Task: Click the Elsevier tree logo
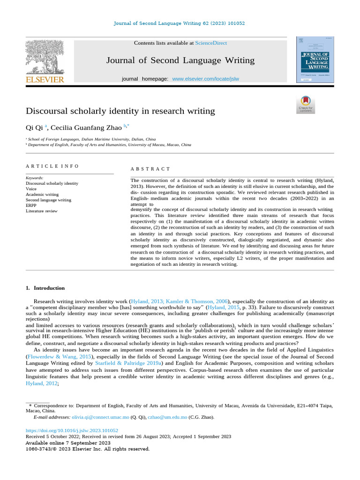[x=45, y=57]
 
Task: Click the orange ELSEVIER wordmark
[x=45, y=80]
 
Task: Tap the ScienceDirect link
[x=211, y=43]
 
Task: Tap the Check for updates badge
[x=306, y=105]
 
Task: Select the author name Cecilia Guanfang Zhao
[x=86, y=127]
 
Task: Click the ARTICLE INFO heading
[x=52, y=166]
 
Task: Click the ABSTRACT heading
[x=150, y=169]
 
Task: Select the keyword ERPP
[x=31, y=205]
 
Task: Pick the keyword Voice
[x=31, y=189]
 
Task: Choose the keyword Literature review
[x=42, y=211]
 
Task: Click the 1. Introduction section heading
[x=45, y=288]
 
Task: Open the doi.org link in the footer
[x=72, y=430]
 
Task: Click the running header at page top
[x=180, y=23]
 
